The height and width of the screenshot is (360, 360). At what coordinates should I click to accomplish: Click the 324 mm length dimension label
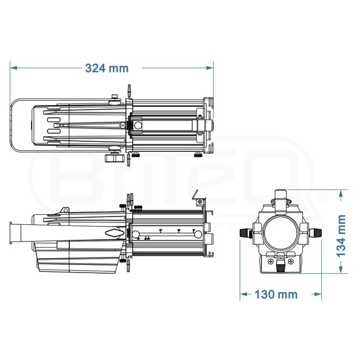[x=106, y=68]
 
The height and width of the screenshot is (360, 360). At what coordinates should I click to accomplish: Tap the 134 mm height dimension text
[x=341, y=234]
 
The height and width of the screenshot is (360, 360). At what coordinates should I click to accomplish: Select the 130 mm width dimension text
[x=275, y=294]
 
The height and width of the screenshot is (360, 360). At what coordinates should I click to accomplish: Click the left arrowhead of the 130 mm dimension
[x=243, y=294]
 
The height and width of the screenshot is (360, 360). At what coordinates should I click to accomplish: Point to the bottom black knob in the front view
[x=280, y=267]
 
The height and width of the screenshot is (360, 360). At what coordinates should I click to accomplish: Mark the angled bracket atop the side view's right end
[x=197, y=194]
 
